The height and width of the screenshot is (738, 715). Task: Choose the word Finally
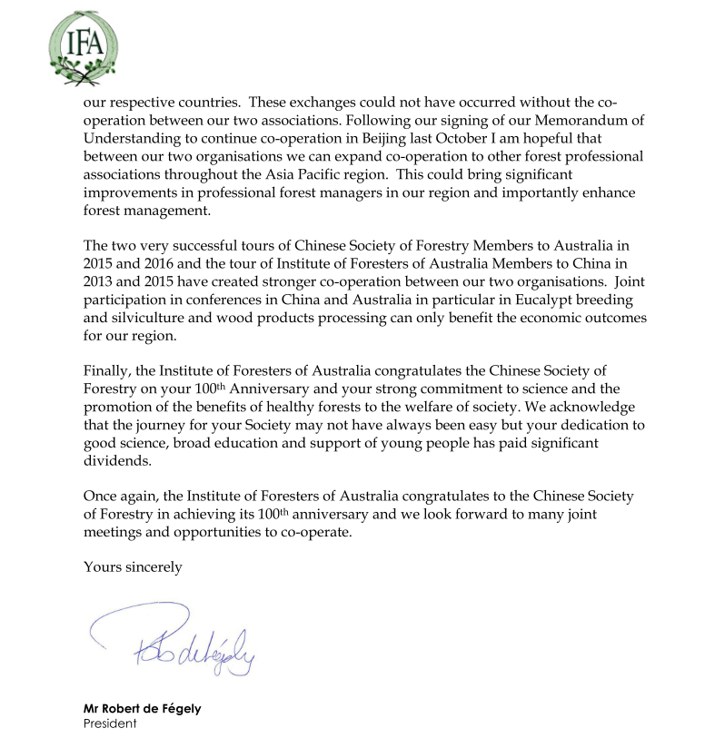(x=106, y=371)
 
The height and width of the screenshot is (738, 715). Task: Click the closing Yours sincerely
(x=133, y=567)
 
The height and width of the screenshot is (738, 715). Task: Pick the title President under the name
(x=110, y=723)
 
